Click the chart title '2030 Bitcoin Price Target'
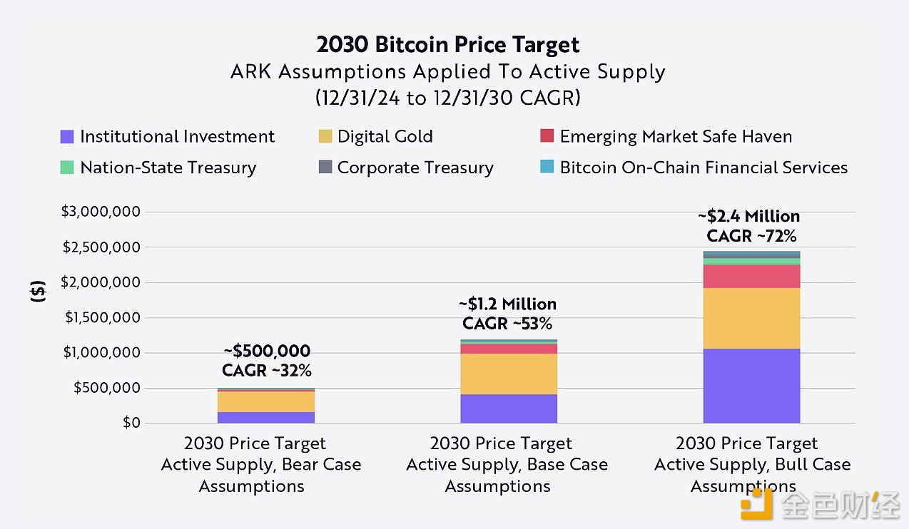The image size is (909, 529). click(x=448, y=45)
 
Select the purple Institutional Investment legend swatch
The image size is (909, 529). click(x=68, y=137)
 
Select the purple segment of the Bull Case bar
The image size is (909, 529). click(x=751, y=385)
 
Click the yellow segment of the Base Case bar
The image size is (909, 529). click(x=508, y=374)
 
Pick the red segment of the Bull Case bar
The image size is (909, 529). click(x=751, y=276)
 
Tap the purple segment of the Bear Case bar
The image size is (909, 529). click(x=266, y=417)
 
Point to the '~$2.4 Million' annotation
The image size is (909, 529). click(x=748, y=216)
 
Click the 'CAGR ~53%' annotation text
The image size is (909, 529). click(x=507, y=324)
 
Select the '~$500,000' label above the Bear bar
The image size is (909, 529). click(x=267, y=351)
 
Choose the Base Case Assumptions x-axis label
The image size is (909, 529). click(x=507, y=465)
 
